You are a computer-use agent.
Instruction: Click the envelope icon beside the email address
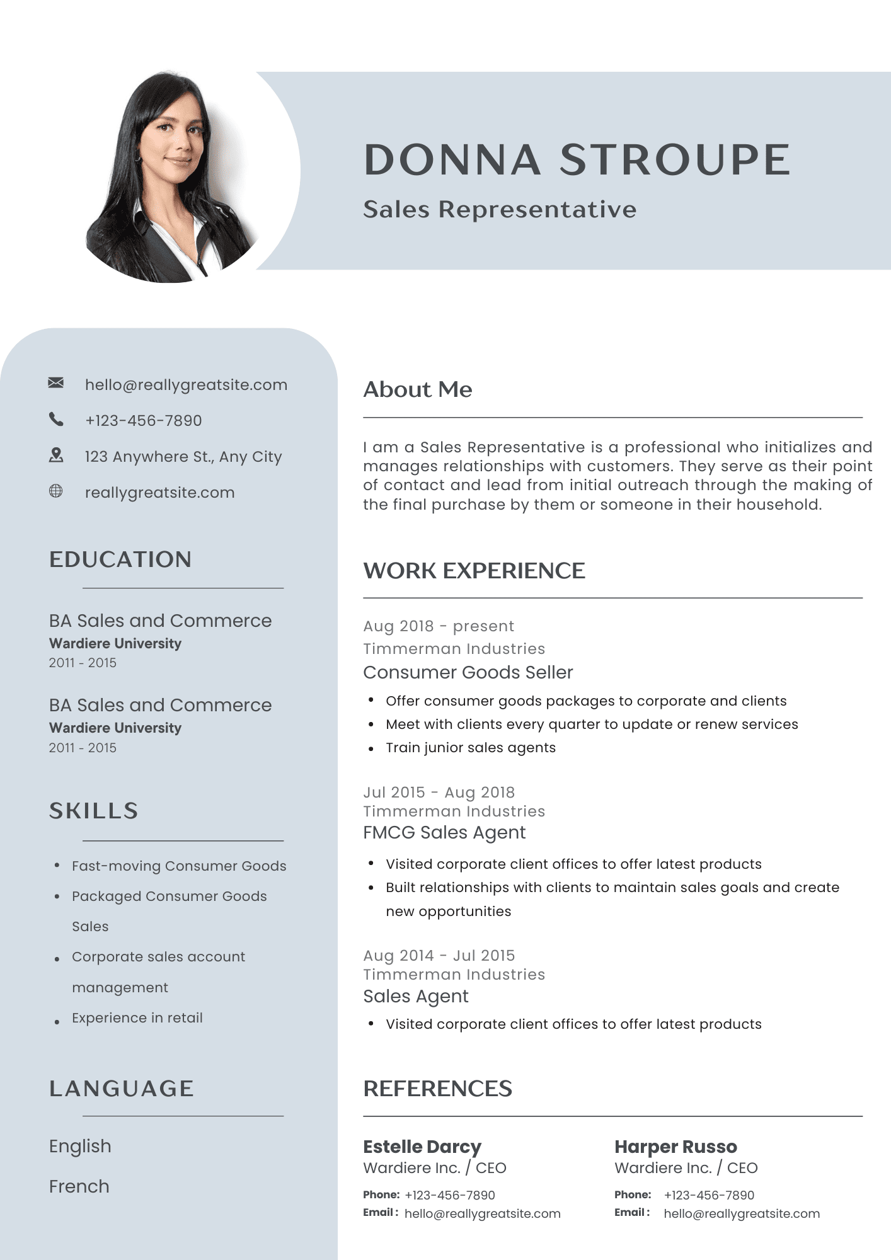click(56, 383)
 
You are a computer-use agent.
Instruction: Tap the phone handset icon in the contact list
click(56, 419)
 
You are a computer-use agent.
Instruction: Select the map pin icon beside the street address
click(56, 455)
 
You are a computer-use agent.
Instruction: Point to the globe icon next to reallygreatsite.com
click(56, 491)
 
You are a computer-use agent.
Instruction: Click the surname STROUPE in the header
click(675, 159)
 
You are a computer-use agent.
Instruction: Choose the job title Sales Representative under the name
click(500, 209)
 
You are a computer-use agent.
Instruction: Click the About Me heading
click(418, 389)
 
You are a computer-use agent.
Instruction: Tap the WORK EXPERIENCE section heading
click(474, 571)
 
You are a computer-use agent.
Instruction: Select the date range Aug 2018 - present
click(439, 626)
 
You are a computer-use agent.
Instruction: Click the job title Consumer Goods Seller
click(468, 672)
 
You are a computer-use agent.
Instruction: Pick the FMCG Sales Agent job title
click(444, 832)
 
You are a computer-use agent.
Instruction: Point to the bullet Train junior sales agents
click(471, 748)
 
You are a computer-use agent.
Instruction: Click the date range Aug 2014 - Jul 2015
click(439, 956)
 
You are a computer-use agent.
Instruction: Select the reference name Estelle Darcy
click(422, 1147)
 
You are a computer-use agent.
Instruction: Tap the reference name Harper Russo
click(675, 1147)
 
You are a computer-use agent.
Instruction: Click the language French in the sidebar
click(79, 1186)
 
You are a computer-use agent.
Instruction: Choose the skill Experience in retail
click(137, 1018)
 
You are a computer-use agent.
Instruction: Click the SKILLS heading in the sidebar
click(94, 811)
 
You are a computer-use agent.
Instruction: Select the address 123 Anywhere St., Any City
click(183, 456)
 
